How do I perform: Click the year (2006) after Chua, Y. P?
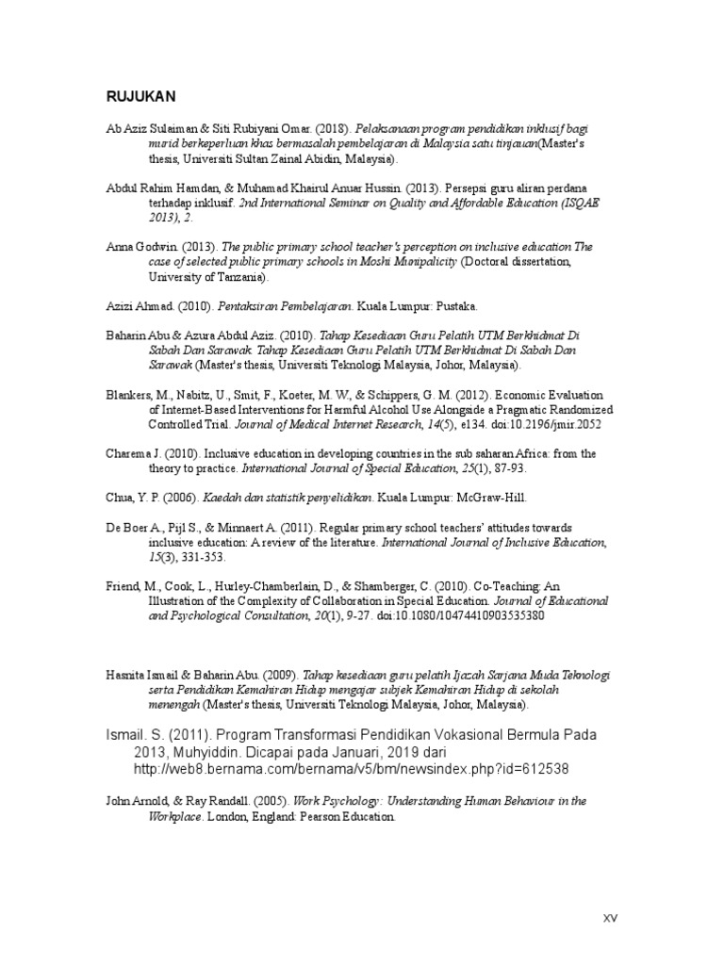click(182, 497)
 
